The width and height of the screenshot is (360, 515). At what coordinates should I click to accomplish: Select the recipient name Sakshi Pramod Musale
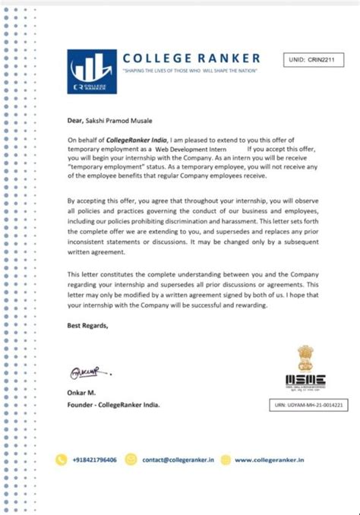coord(125,118)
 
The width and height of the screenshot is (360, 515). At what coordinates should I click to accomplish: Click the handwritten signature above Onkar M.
coord(84,372)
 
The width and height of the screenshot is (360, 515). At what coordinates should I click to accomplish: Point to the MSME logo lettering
coord(305,379)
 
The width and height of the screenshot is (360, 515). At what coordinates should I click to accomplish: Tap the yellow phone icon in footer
coord(63,459)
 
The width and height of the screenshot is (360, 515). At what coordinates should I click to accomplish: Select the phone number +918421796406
coord(96,460)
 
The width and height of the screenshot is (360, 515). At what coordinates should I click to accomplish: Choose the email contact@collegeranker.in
coord(178,460)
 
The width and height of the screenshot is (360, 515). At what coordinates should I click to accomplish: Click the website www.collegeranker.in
coord(270,460)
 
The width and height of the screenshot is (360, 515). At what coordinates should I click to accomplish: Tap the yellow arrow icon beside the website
coord(226,459)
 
